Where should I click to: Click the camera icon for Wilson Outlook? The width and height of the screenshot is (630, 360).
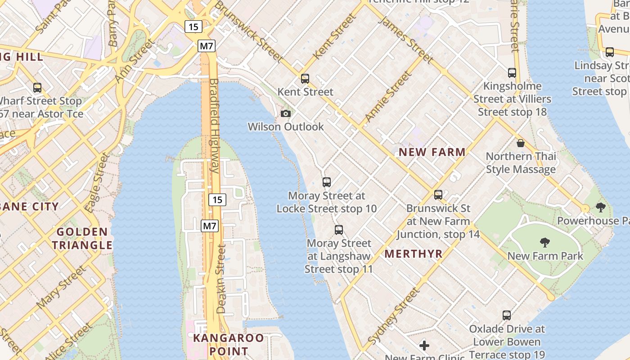pyautogui.click(x=286, y=113)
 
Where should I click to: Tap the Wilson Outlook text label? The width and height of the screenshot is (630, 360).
pyautogui.click(x=286, y=127)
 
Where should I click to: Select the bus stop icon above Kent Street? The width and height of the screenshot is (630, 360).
pyautogui.click(x=305, y=79)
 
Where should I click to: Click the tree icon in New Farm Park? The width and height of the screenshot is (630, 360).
pyautogui.click(x=545, y=243)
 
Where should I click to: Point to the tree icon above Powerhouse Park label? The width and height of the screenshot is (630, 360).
pyautogui.click(x=600, y=207)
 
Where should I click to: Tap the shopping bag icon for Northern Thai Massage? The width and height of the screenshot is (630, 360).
pyautogui.click(x=521, y=143)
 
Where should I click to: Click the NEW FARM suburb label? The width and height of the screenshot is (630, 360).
pyautogui.click(x=432, y=152)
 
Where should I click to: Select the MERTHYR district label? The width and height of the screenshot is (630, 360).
pyautogui.click(x=414, y=254)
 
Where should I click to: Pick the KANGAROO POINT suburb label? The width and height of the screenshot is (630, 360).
pyautogui.click(x=229, y=344)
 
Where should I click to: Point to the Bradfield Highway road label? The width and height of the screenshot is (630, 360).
pyautogui.click(x=214, y=126)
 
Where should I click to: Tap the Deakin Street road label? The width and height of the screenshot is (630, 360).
pyautogui.click(x=221, y=279)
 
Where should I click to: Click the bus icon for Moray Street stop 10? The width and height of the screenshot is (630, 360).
pyautogui.click(x=327, y=182)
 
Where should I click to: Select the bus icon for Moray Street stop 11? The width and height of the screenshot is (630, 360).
pyautogui.click(x=339, y=230)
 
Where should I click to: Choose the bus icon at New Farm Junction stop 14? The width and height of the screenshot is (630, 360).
pyautogui.click(x=438, y=195)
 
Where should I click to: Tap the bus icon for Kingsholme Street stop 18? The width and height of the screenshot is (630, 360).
pyautogui.click(x=512, y=72)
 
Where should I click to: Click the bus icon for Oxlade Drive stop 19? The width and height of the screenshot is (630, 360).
pyautogui.click(x=507, y=315)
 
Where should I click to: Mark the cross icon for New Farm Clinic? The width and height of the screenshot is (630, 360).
pyautogui.click(x=424, y=346)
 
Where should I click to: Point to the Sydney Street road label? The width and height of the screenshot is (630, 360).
pyautogui.click(x=393, y=316)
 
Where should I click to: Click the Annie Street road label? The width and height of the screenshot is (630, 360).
pyautogui.click(x=388, y=97)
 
